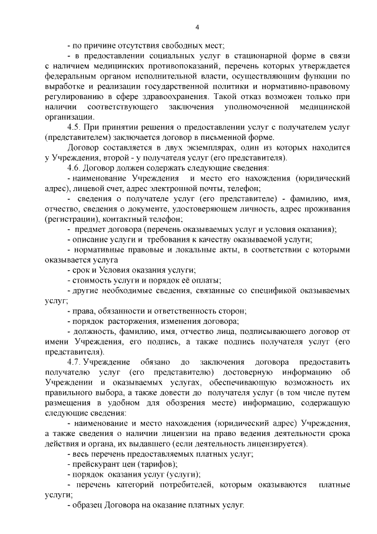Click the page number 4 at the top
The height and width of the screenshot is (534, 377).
point(197,27)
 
